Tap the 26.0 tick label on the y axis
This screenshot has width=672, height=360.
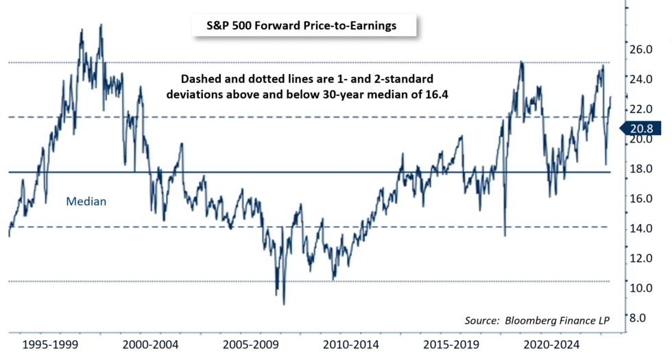pos(642,49)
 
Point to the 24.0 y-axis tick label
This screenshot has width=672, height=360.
pos(642,79)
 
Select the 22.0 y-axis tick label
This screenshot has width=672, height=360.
pos(642,109)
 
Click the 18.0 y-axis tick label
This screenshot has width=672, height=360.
pos(642,169)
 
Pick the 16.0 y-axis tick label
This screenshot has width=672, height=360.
pos(642,199)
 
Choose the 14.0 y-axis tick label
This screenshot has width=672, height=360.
pos(642,228)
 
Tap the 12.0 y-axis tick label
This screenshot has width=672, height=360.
pos(642,259)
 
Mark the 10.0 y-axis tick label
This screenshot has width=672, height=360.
pos(642,288)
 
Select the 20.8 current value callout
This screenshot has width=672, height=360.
pos(643,128)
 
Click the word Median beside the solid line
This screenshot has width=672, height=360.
pos(86,202)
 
